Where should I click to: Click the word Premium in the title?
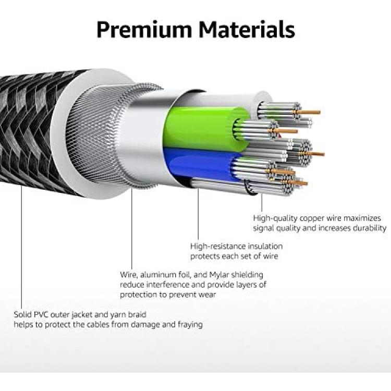[144, 29]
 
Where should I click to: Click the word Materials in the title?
[247, 29]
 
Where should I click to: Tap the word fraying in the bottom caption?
[190, 325]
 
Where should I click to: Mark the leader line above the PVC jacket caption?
[21, 247]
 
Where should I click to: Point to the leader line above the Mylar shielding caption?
[132, 228]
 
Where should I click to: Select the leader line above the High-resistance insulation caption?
[198, 214]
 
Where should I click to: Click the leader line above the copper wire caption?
[262, 202]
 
